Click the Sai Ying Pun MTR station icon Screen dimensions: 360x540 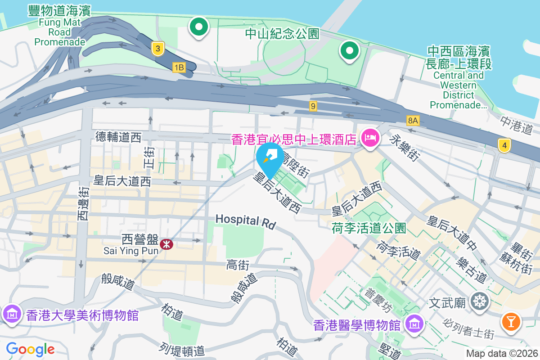pos(167,244)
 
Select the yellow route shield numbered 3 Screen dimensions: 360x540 pos(157,49)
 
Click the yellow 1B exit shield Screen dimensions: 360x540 pos(179,67)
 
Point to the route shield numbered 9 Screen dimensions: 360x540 pos(313,106)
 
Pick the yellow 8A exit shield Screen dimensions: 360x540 pos(413,120)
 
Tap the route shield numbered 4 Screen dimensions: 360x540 pos(504,145)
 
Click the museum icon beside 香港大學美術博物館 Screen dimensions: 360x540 pos(11,313)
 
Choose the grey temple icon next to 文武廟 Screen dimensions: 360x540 pos(480,301)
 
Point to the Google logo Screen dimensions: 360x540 pos(30,349)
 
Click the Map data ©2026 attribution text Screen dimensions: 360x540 pos(501,354)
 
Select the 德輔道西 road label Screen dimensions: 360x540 pos(118,137)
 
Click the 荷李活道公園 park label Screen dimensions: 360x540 pos(369,228)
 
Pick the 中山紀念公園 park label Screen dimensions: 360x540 pos(282,33)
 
